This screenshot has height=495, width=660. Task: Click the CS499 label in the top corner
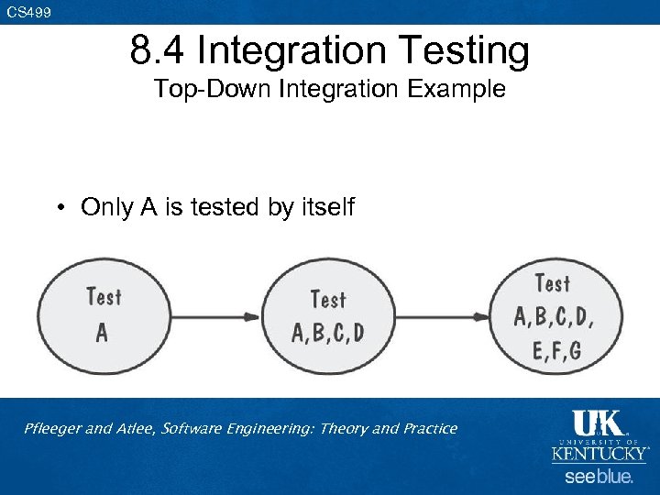tap(28, 12)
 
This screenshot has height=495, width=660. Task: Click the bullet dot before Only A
tap(59, 208)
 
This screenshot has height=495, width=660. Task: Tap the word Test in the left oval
tap(103, 297)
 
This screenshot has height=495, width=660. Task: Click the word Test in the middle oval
tap(328, 299)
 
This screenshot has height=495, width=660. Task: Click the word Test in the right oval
tap(552, 284)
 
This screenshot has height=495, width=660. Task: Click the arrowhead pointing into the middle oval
tap(252, 317)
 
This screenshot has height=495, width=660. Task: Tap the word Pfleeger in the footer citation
tap(56, 429)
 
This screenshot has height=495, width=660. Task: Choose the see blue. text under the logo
tap(599, 477)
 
